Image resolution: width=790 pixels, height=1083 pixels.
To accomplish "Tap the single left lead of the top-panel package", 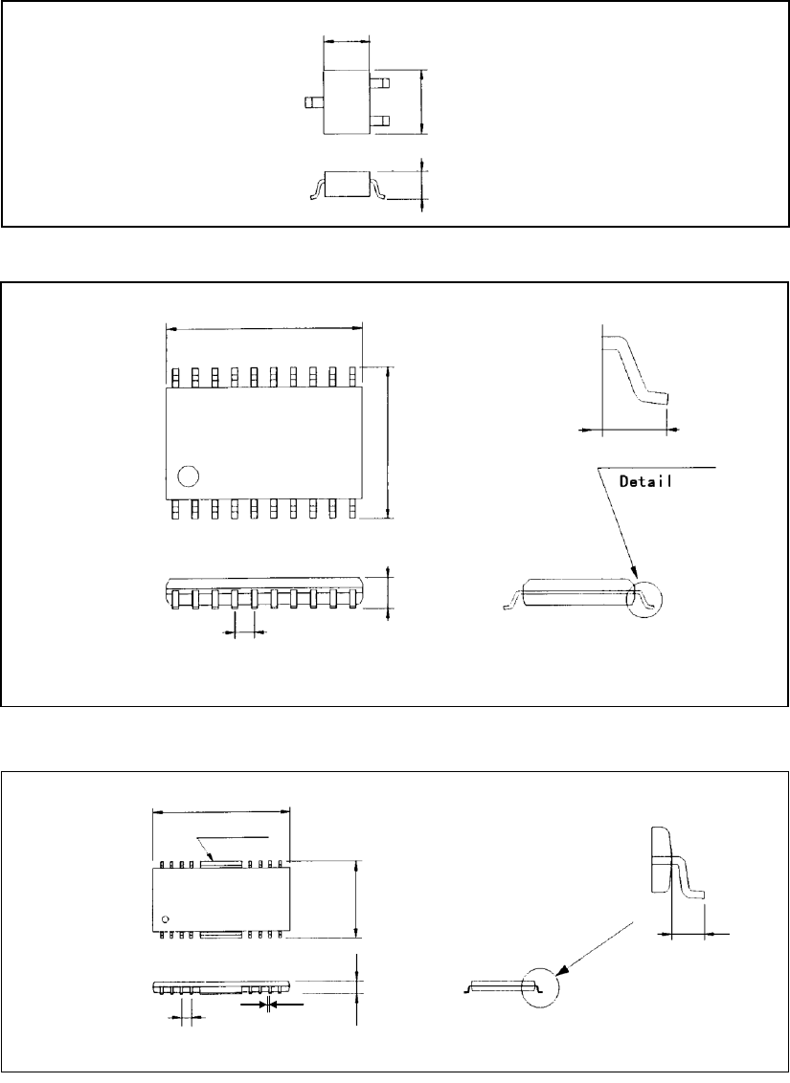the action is (x=312, y=101).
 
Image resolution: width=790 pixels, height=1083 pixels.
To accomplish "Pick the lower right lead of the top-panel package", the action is (x=379, y=121).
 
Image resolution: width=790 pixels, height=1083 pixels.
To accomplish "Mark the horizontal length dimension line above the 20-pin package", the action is (x=264, y=328).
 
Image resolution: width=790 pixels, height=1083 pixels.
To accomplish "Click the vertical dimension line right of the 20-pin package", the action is (x=388, y=442).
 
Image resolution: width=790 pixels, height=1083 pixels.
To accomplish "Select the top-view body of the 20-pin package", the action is (x=264, y=442).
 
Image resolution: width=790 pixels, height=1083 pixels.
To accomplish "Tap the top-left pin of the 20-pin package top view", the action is (x=175, y=377).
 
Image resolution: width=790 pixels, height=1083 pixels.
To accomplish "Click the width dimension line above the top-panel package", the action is (x=347, y=41).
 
